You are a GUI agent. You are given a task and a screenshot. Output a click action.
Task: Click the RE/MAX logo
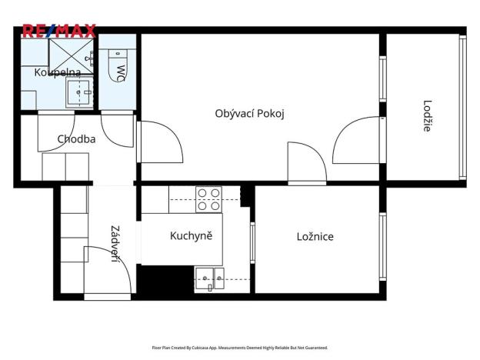tap(59, 32)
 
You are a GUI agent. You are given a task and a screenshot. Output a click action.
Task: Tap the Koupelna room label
tap(57, 72)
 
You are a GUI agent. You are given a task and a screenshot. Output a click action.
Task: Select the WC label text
tap(120, 72)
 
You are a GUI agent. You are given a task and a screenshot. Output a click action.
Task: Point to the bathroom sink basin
tap(79, 92)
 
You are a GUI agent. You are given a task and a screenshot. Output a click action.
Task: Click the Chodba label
tap(76, 139)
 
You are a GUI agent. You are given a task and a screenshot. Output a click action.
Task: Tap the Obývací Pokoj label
tap(250, 113)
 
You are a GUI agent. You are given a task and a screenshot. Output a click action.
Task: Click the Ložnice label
tap(315, 236)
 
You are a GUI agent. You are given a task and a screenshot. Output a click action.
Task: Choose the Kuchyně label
tap(191, 235)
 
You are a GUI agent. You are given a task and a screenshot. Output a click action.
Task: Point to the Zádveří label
tap(115, 243)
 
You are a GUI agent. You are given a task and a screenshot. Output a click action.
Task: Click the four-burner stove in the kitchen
tap(208, 199)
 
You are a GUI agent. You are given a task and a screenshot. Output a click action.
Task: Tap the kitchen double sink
tap(208, 278)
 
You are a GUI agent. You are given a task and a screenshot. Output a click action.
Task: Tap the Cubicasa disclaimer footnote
tap(239, 348)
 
